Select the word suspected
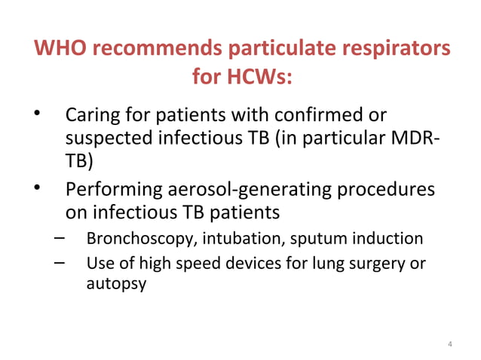tap(106, 139)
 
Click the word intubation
tap(230, 239)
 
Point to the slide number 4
tap(450, 345)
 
